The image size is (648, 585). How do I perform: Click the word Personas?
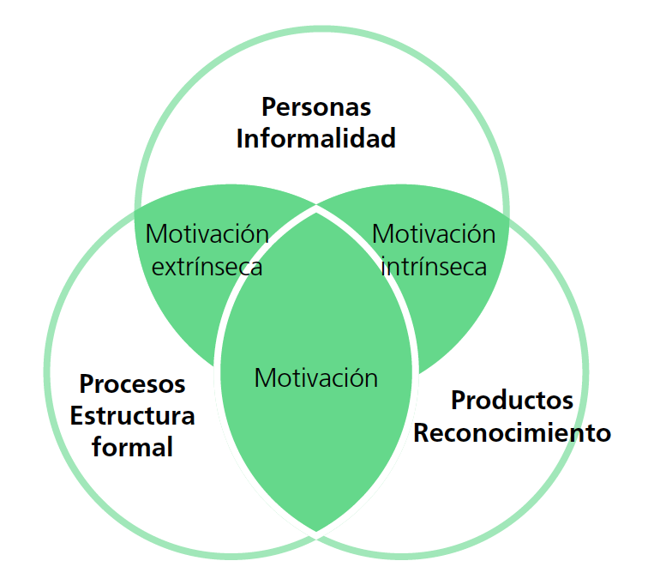click(316, 107)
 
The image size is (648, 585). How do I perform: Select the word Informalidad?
click(316, 138)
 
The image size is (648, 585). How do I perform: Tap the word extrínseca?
click(207, 267)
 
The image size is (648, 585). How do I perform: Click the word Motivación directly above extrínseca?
click(207, 234)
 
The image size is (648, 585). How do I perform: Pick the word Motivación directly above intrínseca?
click(434, 234)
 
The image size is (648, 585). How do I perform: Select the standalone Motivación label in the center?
click(316, 377)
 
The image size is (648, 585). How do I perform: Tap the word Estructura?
click(132, 416)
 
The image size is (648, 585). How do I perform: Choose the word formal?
click(132, 447)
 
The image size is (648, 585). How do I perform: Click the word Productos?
click(512, 400)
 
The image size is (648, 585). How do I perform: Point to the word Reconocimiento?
click(512, 432)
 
